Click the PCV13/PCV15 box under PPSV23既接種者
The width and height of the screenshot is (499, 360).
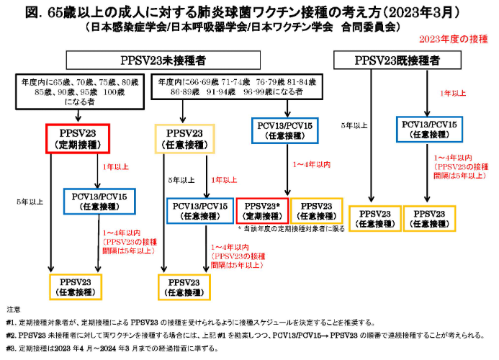click(x=427, y=128)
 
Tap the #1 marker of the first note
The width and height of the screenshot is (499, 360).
click(x=10, y=322)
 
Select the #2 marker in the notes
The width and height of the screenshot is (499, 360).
click(x=10, y=336)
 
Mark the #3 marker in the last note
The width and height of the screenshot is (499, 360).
click(x=10, y=349)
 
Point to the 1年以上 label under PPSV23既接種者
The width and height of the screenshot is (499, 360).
click(x=452, y=93)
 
